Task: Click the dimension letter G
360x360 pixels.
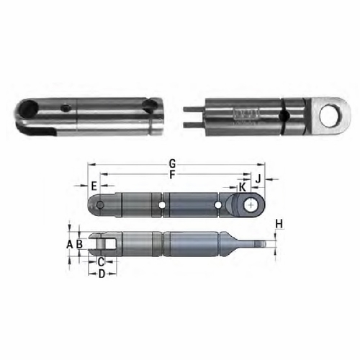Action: pos(171,163)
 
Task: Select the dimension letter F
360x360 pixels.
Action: pos(171,174)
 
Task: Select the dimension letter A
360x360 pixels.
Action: pos(69,244)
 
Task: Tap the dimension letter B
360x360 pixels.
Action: pos(79,244)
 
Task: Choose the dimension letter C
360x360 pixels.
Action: pos(102,261)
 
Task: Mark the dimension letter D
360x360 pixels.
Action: pos(102,274)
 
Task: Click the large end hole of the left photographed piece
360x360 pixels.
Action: pos(30,110)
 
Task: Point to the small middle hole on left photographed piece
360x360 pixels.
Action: pos(66,109)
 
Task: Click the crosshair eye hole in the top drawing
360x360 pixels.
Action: pos(250,206)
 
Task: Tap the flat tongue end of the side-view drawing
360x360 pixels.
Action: pos(259,243)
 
